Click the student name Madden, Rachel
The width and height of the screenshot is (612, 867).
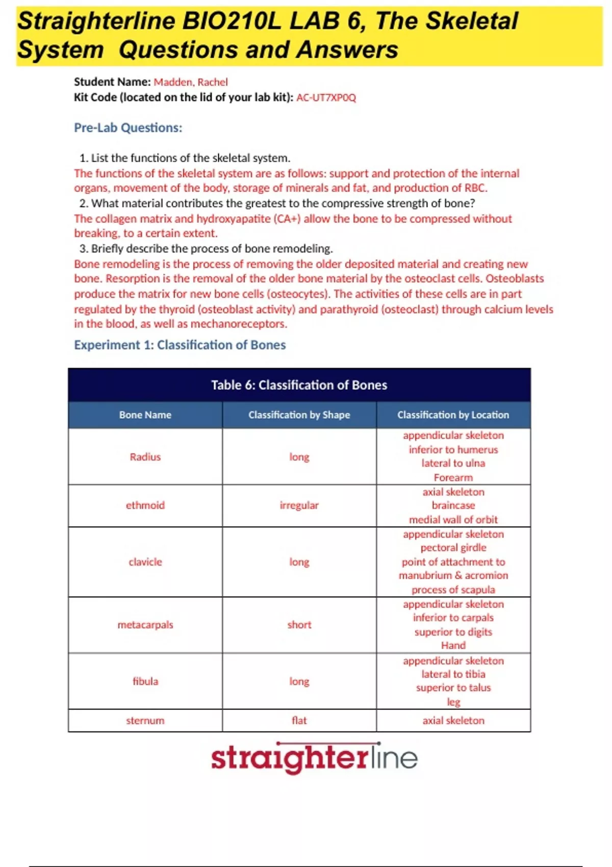(190, 82)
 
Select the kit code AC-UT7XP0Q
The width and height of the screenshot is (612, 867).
(326, 97)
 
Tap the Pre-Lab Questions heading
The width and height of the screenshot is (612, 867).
(128, 127)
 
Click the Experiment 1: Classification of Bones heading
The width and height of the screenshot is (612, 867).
(180, 345)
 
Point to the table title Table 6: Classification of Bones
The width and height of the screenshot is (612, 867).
(299, 385)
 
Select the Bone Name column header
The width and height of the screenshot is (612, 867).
(145, 415)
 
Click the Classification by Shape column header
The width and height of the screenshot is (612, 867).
(299, 415)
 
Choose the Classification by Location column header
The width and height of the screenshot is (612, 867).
(453, 415)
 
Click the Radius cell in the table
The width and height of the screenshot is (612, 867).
(145, 457)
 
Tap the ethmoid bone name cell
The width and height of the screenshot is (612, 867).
(145, 505)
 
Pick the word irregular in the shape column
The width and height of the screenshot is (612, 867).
(299, 505)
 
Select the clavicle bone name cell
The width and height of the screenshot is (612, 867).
(145, 562)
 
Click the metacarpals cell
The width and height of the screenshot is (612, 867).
(145, 625)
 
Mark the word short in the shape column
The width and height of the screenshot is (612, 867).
(299, 625)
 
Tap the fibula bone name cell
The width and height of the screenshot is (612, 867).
(145, 681)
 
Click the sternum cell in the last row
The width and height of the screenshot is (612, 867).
(145, 721)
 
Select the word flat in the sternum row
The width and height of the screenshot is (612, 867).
(299, 721)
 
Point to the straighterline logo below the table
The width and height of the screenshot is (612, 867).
(314, 758)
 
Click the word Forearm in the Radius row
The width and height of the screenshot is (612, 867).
(453, 478)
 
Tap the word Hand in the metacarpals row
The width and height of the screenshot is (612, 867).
(453, 646)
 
